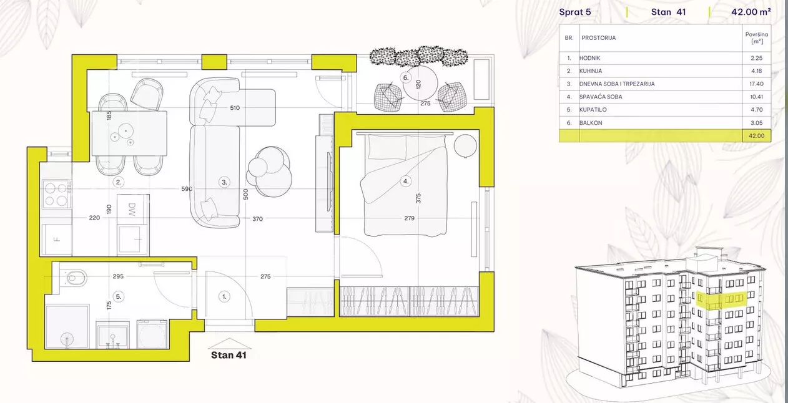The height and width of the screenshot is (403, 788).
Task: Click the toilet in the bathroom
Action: tap(73, 278)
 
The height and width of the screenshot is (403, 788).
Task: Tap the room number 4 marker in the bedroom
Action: tap(406, 182)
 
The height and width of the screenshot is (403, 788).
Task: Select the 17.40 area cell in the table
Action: tap(756, 84)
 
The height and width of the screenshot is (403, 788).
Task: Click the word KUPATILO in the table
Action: tap(593, 110)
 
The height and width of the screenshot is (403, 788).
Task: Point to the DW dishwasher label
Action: tap(132, 210)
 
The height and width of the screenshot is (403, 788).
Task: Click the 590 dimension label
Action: tap(187, 189)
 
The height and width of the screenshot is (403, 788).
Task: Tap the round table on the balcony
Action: tap(420, 84)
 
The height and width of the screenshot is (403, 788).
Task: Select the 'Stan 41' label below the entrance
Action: tap(229, 355)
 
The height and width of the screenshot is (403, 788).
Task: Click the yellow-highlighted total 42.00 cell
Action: tap(756, 135)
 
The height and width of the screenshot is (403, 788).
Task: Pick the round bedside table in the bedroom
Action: tap(465, 146)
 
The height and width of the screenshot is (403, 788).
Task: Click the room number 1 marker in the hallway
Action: tap(224, 296)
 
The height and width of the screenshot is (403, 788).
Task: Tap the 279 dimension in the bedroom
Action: tap(409, 218)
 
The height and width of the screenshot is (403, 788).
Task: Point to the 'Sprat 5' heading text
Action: tap(575, 12)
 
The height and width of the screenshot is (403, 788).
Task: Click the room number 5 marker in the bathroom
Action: tap(119, 296)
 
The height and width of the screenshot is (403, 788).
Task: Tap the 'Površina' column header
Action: tap(756, 34)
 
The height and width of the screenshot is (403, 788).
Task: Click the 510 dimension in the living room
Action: tap(235, 108)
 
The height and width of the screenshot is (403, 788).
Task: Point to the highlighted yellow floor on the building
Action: tap(721, 301)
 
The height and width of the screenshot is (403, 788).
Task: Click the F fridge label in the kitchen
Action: tap(56, 240)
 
